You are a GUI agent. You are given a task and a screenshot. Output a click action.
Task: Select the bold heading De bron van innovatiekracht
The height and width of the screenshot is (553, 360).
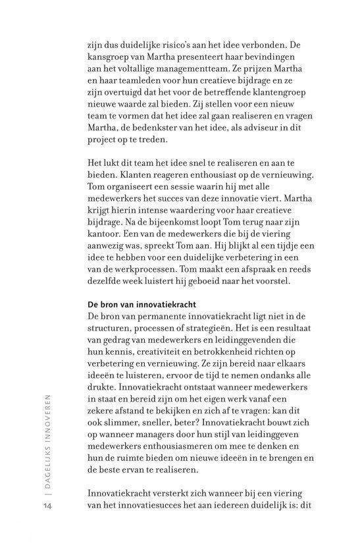pos(140,304)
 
